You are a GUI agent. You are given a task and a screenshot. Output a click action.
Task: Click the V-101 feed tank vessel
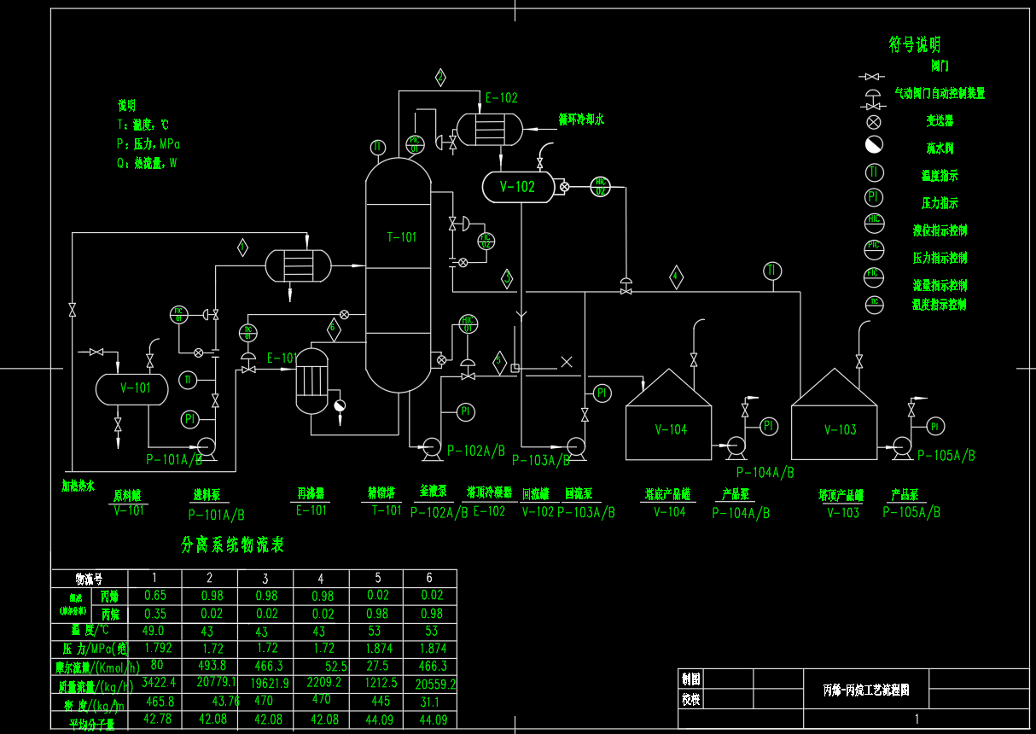click(x=132, y=388)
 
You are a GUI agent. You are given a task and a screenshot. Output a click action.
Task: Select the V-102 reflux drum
click(x=517, y=187)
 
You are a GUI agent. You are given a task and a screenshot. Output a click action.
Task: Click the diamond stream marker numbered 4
click(x=676, y=277)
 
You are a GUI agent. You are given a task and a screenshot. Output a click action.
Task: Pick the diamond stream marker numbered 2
click(x=440, y=78)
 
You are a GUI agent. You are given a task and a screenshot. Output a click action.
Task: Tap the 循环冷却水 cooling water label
click(x=581, y=120)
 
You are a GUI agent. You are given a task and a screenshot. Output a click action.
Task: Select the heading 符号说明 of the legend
click(x=915, y=44)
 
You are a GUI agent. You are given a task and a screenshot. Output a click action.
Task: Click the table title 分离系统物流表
click(x=232, y=545)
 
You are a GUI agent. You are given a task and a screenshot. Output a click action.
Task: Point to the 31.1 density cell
click(x=429, y=702)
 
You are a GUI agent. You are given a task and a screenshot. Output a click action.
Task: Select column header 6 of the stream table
click(x=429, y=579)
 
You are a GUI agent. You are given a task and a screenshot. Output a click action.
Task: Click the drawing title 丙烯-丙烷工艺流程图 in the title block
click(x=865, y=689)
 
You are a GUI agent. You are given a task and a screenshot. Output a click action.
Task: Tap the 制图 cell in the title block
click(x=690, y=679)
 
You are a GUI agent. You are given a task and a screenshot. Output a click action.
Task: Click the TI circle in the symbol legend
click(x=874, y=172)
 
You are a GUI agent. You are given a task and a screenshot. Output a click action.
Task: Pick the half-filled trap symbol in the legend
click(x=874, y=145)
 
